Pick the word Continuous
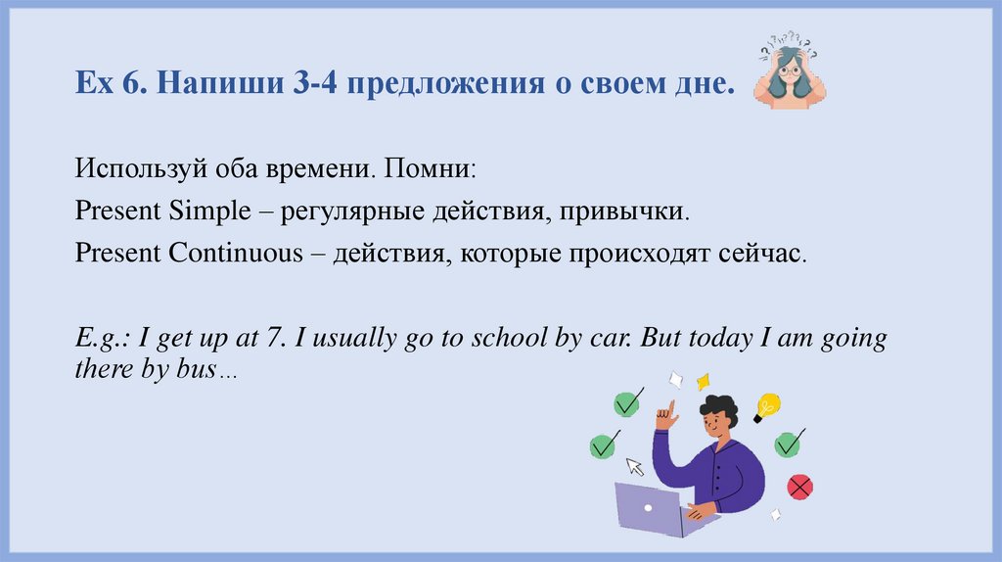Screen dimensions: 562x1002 coord(236,253)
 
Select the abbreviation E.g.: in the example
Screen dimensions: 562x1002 coord(103,339)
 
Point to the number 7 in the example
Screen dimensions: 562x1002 coord(272,339)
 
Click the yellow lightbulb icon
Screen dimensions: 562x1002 coord(766,405)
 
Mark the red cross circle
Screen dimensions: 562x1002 coord(800,486)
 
